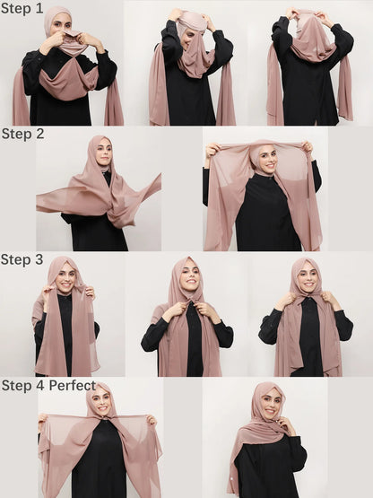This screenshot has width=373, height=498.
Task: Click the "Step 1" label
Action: [x=22, y=9]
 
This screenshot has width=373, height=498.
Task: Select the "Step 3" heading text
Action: [x=22, y=260]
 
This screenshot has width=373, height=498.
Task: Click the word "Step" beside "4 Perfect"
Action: [x=17, y=387]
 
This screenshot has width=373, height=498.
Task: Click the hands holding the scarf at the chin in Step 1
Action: [x=63, y=38]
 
